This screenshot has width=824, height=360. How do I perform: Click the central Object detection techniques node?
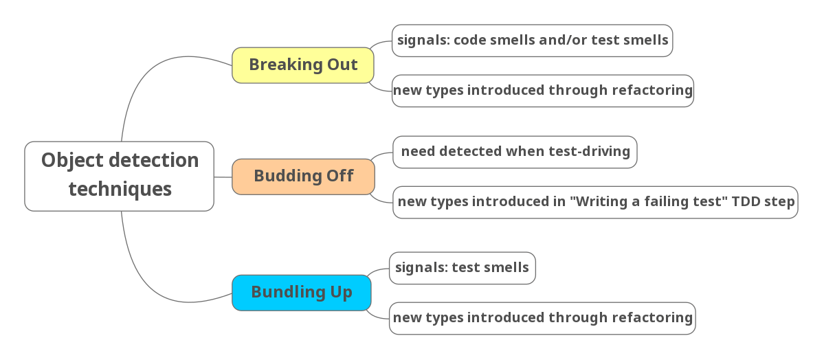click(x=119, y=176)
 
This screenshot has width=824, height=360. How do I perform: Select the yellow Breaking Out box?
click(x=303, y=65)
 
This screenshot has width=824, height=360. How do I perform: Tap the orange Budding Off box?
click(x=303, y=176)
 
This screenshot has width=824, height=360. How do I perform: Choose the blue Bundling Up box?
click(x=302, y=292)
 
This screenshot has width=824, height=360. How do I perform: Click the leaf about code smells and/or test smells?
click(x=532, y=40)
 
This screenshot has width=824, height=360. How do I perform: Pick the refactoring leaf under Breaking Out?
click(x=542, y=90)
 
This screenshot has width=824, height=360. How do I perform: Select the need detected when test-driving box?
click(x=515, y=151)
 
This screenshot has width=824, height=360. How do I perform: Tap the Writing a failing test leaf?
click(x=595, y=202)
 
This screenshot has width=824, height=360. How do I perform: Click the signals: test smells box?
click(x=462, y=267)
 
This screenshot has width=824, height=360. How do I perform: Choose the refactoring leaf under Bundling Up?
click(x=542, y=317)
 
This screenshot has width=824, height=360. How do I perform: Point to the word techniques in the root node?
click(x=120, y=189)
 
